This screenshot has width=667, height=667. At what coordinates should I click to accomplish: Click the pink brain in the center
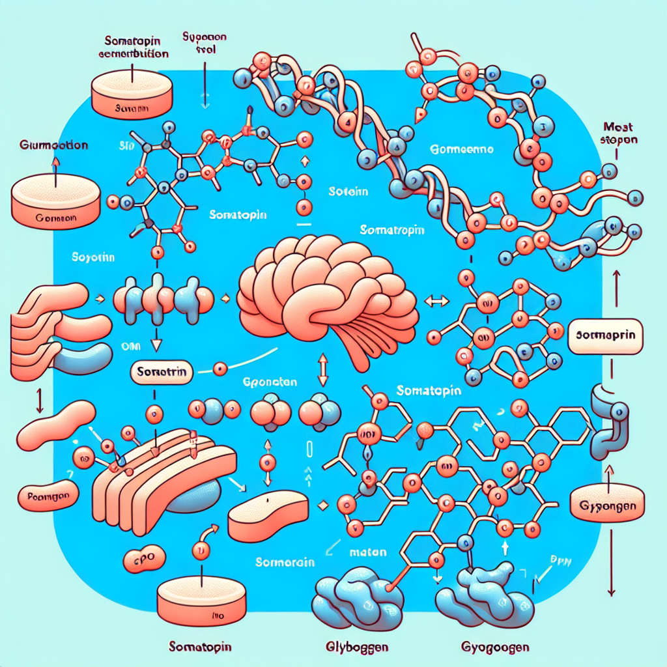click(x=326, y=293)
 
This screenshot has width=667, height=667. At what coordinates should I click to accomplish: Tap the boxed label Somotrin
click(x=162, y=373)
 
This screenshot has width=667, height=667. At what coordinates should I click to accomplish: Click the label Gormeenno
click(x=463, y=149)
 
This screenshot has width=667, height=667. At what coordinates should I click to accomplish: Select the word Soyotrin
click(x=93, y=258)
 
